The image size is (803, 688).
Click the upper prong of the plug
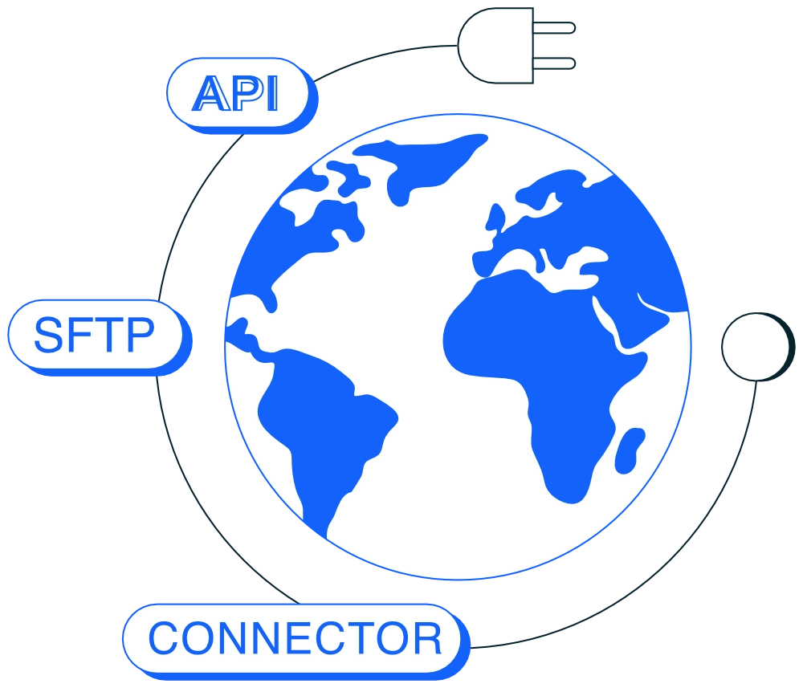click(554, 28)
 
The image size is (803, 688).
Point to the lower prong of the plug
click(554, 63)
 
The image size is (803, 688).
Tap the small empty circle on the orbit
click(757, 347)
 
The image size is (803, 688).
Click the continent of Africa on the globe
click(543, 368)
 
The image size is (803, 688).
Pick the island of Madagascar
click(629, 451)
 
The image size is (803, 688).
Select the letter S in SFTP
click(48, 335)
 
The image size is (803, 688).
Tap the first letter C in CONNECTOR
click(163, 638)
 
